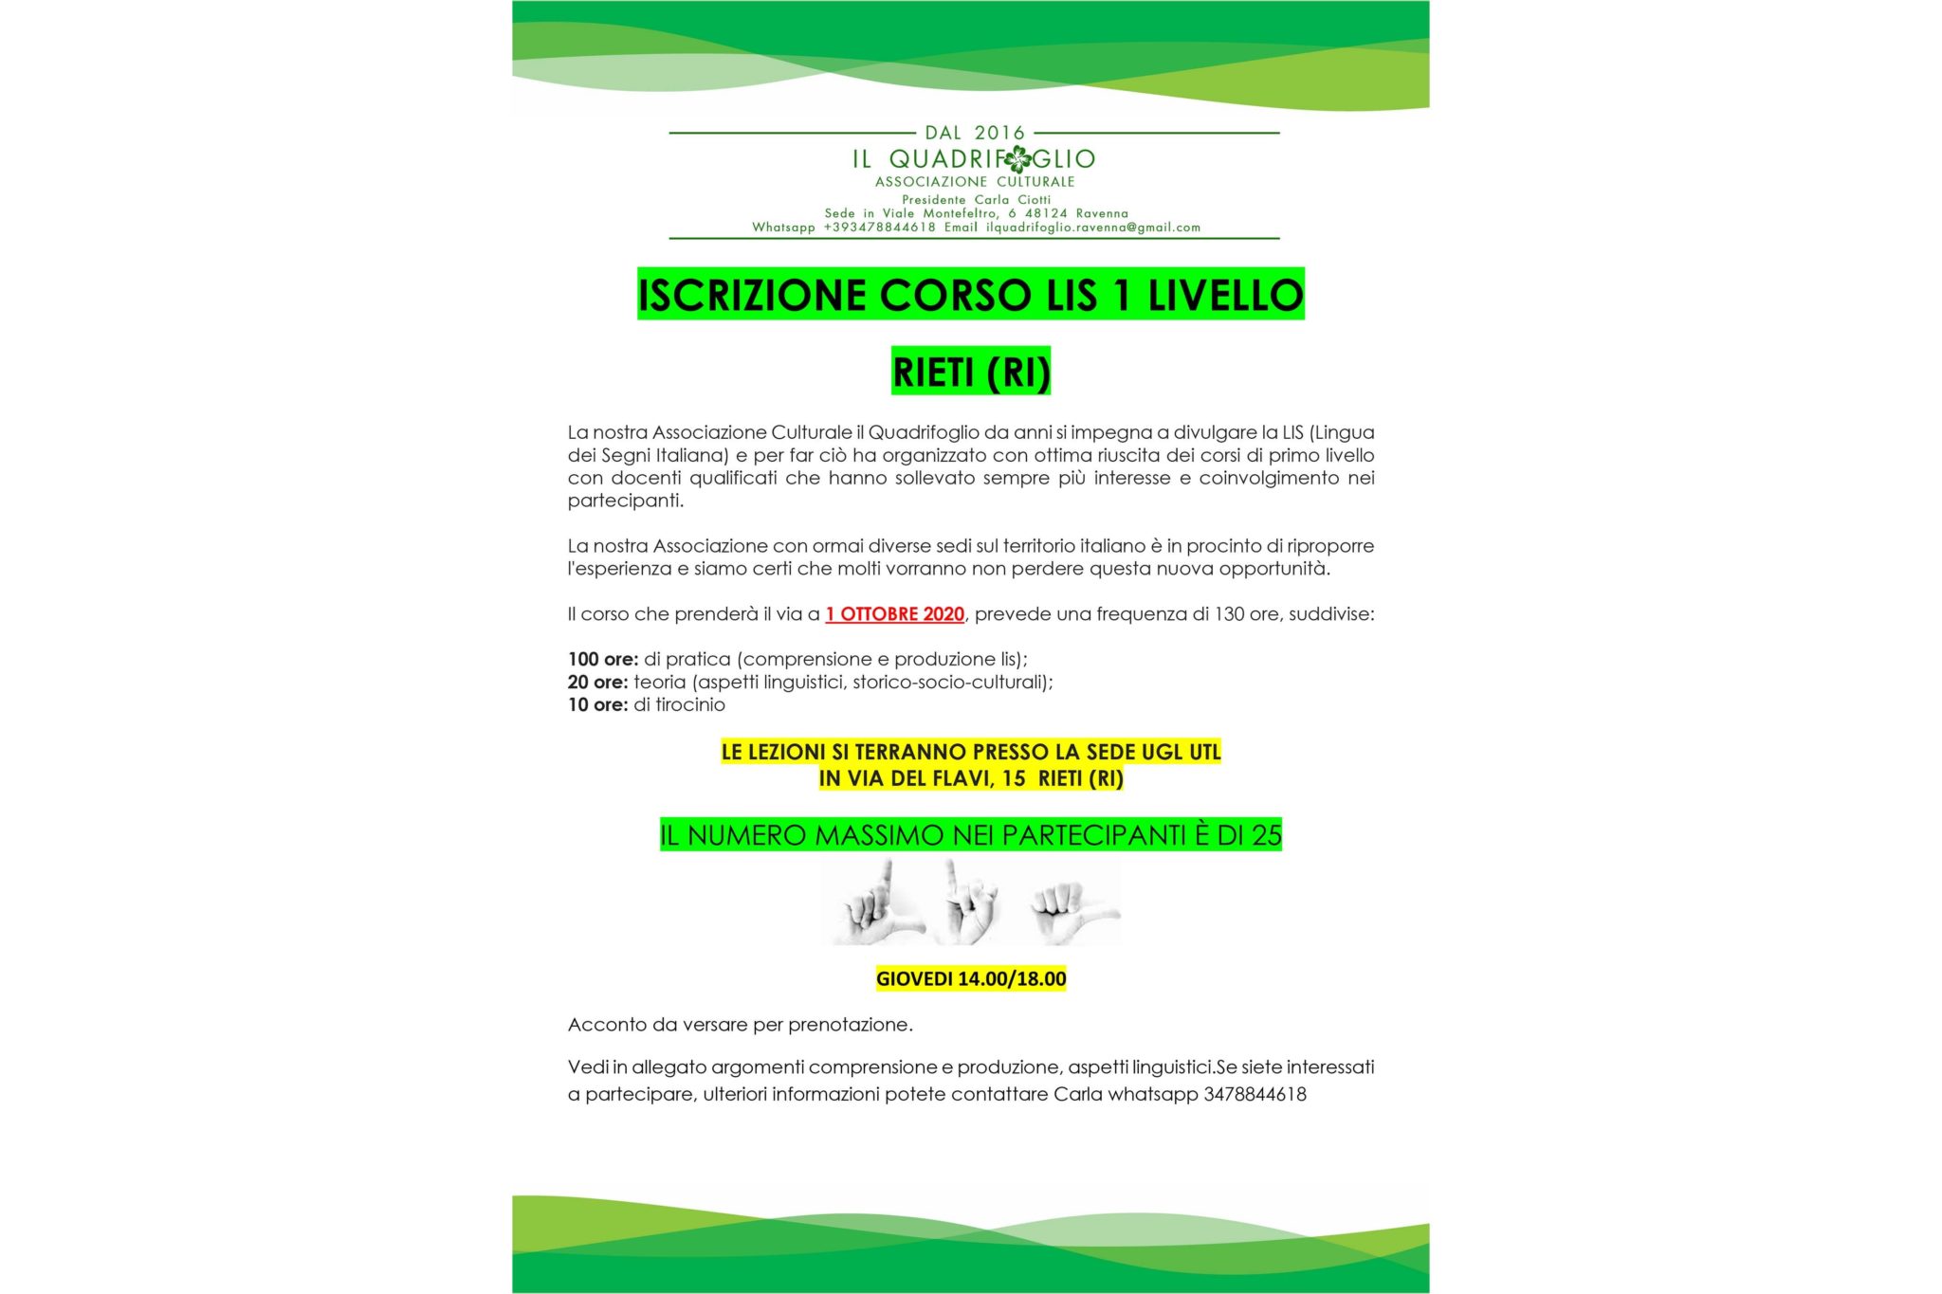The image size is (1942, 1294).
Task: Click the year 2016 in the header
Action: [999, 133]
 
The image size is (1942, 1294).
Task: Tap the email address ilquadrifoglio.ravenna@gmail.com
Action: [1093, 228]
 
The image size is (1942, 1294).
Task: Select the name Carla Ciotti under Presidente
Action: [1013, 200]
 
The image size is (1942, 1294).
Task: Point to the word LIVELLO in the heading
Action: [1225, 295]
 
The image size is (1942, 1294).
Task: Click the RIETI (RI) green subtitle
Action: [971, 372]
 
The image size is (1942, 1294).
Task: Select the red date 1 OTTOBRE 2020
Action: [894, 614]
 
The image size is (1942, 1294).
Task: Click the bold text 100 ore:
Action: [603, 659]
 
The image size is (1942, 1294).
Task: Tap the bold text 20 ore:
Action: [597, 682]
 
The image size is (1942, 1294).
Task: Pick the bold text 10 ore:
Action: [597, 704]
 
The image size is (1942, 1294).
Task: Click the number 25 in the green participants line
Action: [1266, 835]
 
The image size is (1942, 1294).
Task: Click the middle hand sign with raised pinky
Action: [970, 903]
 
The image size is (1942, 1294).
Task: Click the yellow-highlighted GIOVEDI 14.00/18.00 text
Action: [971, 978]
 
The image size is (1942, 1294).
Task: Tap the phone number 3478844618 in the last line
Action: [1255, 1094]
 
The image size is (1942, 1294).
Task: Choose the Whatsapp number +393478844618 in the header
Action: [879, 228]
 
